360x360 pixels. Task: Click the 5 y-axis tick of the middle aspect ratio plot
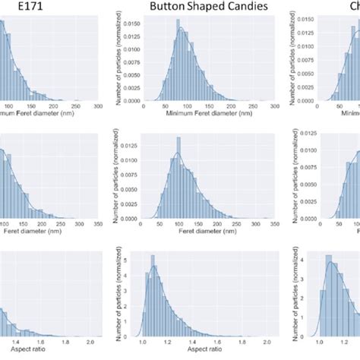(137, 258)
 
